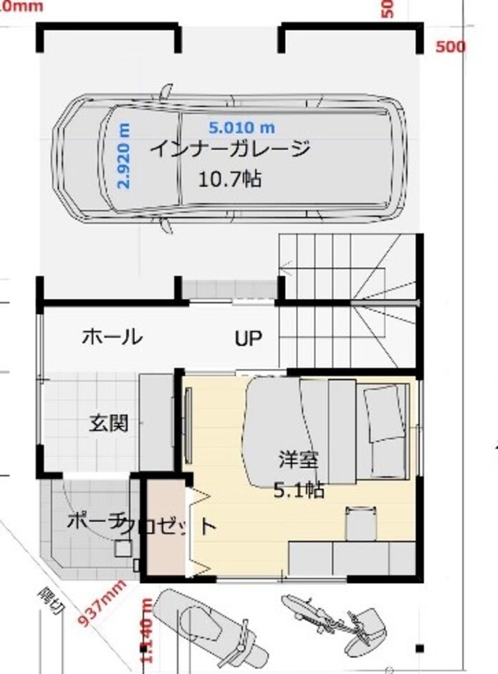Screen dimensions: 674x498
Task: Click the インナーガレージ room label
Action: point(229,149)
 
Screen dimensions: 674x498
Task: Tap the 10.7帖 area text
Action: point(229,179)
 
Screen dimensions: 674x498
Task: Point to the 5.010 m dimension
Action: point(241,128)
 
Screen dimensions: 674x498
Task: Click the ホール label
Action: point(111,336)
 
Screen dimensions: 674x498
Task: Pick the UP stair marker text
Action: point(248,338)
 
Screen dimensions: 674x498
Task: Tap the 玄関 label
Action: point(108,423)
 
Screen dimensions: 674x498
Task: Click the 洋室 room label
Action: point(298,460)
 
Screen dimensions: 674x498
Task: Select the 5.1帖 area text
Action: point(298,490)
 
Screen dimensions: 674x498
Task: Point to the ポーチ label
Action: point(87,521)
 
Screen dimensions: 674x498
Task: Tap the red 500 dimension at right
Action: point(450,47)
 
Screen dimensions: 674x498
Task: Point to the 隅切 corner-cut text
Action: point(52,603)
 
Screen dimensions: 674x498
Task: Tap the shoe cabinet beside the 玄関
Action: point(155,423)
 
